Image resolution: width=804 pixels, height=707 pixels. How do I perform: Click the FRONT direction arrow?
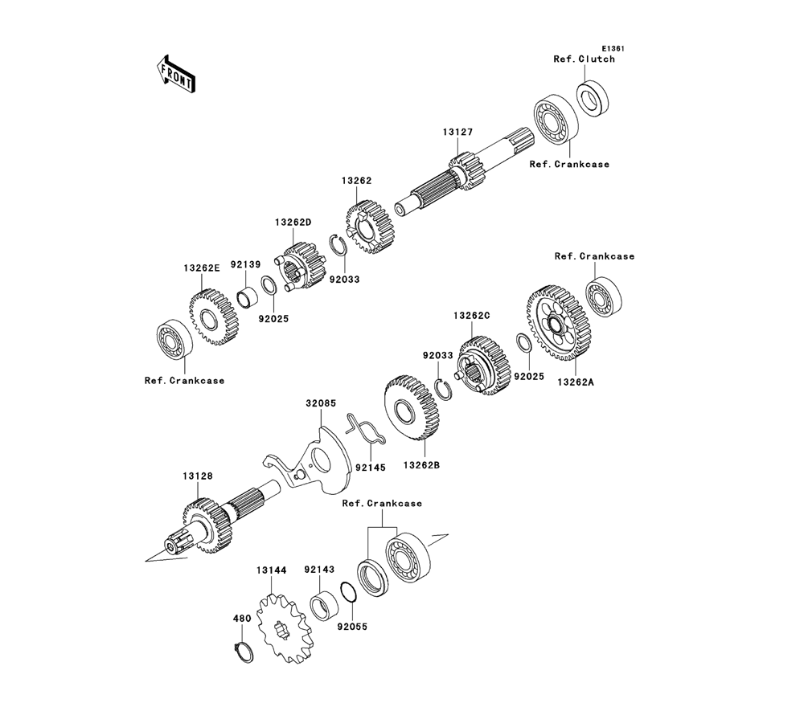(175, 74)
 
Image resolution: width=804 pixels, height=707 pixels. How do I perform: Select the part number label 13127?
(458, 133)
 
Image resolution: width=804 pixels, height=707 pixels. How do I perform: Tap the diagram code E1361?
(613, 49)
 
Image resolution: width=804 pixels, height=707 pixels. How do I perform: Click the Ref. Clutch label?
(584, 59)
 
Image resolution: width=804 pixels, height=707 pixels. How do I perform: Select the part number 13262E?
(202, 268)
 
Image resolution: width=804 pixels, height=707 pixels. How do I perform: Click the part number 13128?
(198, 476)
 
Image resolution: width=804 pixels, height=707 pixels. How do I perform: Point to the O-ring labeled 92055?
(348, 595)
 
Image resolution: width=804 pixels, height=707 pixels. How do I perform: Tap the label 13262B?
(421, 465)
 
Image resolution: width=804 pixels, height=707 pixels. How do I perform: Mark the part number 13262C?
(471, 316)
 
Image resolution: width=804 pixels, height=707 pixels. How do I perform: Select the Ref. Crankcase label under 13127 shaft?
(569, 164)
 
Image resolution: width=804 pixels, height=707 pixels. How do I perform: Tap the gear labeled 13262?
(370, 228)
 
